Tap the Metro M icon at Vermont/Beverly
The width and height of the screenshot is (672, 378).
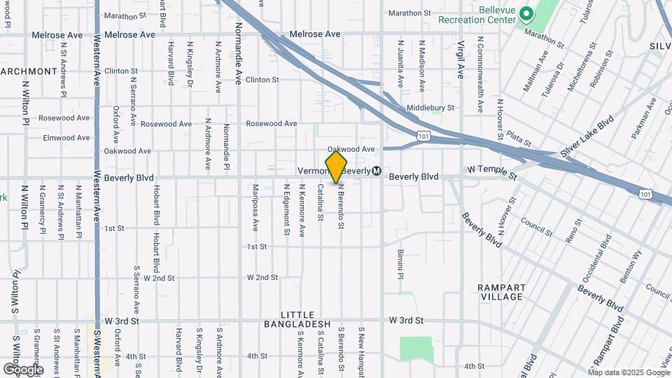click(377, 171)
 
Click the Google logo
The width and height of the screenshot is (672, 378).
click(23, 369)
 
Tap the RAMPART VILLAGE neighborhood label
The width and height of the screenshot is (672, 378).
click(500, 292)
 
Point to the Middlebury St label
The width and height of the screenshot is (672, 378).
click(430, 108)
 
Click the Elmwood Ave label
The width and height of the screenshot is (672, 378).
click(66, 138)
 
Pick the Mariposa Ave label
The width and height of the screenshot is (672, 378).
click(255, 207)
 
